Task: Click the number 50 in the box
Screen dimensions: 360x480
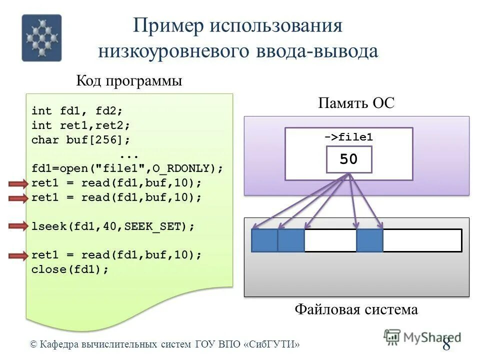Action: pos(348,159)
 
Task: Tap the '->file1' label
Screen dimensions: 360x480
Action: pos(348,137)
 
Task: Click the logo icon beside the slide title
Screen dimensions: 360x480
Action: pos(41,38)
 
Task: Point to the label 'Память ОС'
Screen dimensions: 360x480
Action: pos(356,103)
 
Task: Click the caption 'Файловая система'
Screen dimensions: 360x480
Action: pos(356,309)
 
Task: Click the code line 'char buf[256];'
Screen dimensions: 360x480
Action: pos(80,139)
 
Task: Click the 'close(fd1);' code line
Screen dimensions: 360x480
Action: pos(70,269)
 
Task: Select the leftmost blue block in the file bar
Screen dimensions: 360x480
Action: pos(264,240)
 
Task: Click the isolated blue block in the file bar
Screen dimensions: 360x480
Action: pos(369,240)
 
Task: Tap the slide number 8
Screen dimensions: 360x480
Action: pos(446,345)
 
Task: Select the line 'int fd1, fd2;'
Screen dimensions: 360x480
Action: pos(77,110)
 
